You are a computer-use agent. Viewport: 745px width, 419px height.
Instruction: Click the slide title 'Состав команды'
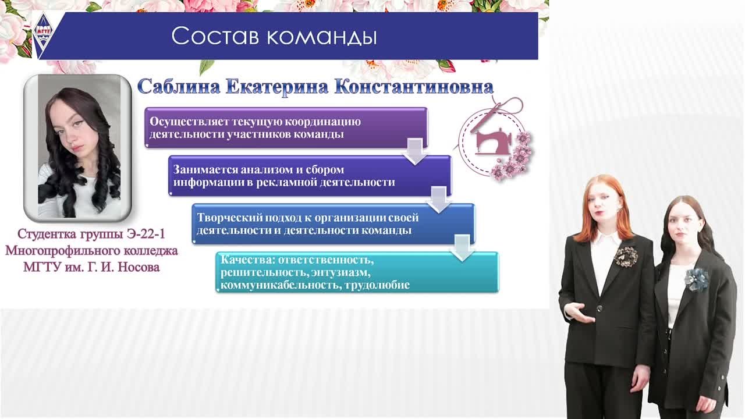pyautogui.click(x=274, y=36)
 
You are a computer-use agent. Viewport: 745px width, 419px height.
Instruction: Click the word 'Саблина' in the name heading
pyautogui.click(x=178, y=87)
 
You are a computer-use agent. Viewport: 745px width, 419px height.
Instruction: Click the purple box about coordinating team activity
pyautogui.click(x=286, y=127)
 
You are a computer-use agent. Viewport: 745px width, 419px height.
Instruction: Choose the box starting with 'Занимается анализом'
pyautogui.click(x=310, y=176)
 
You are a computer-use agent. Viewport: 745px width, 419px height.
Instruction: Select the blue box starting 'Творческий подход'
pyautogui.click(x=334, y=224)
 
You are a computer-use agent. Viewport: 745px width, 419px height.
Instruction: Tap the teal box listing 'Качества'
pyautogui.click(x=357, y=272)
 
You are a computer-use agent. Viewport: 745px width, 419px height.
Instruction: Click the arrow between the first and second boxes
pyautogui.click(x=414, y=151)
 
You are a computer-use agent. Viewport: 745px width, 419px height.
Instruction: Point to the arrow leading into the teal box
pyautogui.click(x=462, y=247)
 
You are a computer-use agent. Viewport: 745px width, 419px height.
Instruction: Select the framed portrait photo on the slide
pyautogui.click(x=77, y=148)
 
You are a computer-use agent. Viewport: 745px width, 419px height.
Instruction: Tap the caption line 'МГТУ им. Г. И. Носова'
pyautogui.click(x=91, y=268)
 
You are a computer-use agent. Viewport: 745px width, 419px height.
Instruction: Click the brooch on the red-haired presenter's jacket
pyautogui.click(x=626, y=255)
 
